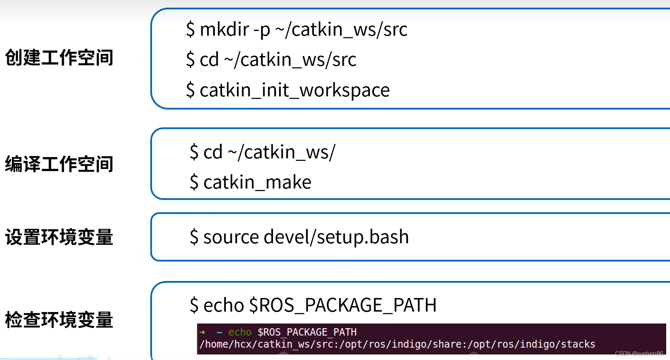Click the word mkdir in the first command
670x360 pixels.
224,29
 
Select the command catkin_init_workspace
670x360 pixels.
295,90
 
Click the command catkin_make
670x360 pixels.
257,182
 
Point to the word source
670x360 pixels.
231,237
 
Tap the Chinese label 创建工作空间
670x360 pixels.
59,57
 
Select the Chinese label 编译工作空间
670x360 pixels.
59,164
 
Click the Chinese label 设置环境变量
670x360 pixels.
59,237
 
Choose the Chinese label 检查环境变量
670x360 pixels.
59,320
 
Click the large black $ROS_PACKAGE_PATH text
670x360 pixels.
343,305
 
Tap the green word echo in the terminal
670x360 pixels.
240,332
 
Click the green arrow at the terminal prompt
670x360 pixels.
202,332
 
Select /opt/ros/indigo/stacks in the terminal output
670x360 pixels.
532,344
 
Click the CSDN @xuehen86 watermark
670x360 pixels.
639,354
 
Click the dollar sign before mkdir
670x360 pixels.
191,29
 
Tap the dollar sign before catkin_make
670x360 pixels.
194,182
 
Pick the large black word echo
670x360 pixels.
224,305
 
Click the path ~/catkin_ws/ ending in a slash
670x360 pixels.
282,152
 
